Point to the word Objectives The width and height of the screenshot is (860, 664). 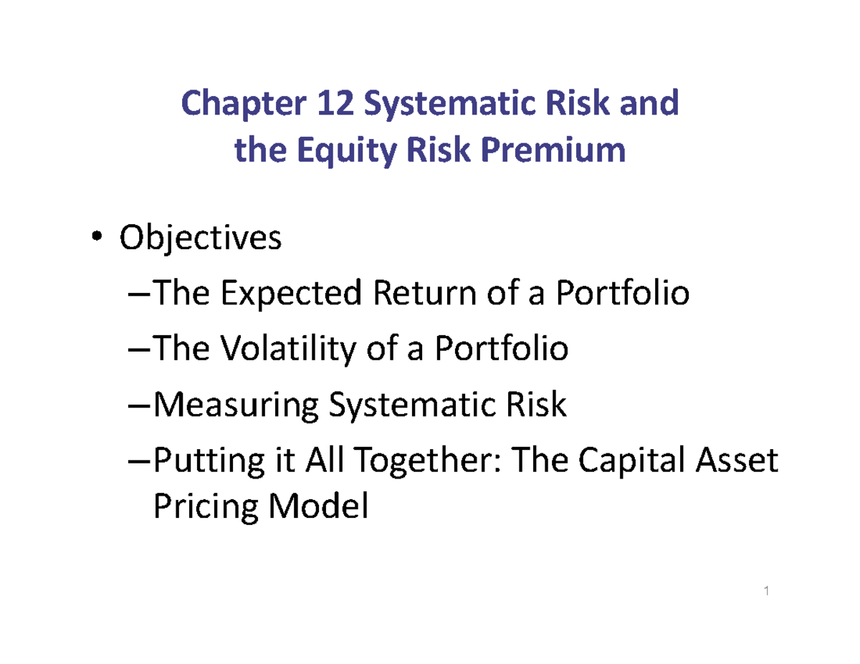point(201,239)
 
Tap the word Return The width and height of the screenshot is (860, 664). point(403,294)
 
